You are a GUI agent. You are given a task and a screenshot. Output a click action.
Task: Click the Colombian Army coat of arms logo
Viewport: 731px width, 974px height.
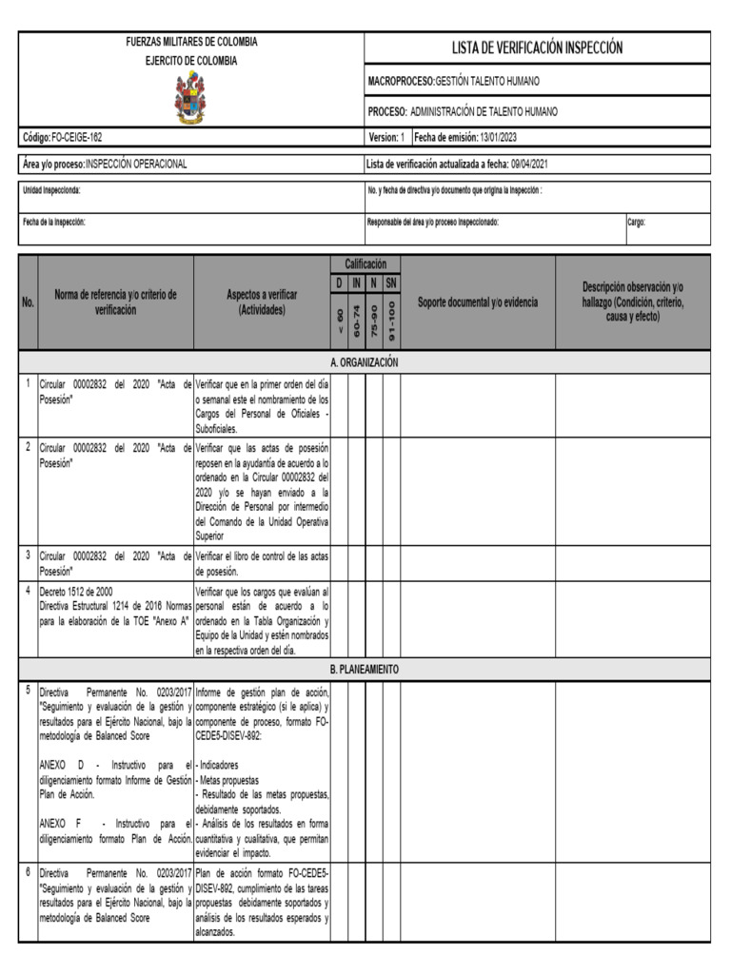(190, 98)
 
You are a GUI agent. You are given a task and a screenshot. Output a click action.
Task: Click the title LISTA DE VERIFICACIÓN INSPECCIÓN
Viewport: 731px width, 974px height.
(537, 48)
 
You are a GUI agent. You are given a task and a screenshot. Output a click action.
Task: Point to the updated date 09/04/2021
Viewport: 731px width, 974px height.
(528, 164)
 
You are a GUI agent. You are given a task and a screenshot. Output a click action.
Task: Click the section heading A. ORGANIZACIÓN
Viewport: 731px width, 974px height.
(364, 362)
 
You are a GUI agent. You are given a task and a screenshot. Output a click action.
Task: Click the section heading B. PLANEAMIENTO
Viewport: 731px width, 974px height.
(364, 670)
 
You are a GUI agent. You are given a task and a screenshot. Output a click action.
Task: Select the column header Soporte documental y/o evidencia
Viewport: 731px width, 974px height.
(478, 302)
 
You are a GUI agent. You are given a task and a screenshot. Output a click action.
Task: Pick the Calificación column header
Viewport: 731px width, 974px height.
(365, 263)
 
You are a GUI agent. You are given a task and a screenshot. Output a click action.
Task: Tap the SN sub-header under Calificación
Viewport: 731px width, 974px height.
(391, 283)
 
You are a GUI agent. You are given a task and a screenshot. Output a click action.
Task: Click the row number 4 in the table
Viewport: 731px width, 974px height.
(29, 590)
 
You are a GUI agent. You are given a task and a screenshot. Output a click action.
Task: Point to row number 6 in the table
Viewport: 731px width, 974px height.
(29, 871)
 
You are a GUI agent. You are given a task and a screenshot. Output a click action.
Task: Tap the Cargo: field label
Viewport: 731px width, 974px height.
(636, 223)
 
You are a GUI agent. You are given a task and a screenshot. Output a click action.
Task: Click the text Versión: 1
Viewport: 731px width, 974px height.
(386, 138)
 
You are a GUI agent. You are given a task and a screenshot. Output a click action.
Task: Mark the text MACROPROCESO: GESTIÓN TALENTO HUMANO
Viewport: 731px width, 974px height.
(463, 82)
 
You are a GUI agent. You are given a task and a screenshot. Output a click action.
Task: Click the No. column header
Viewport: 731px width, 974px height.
(29, 302)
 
